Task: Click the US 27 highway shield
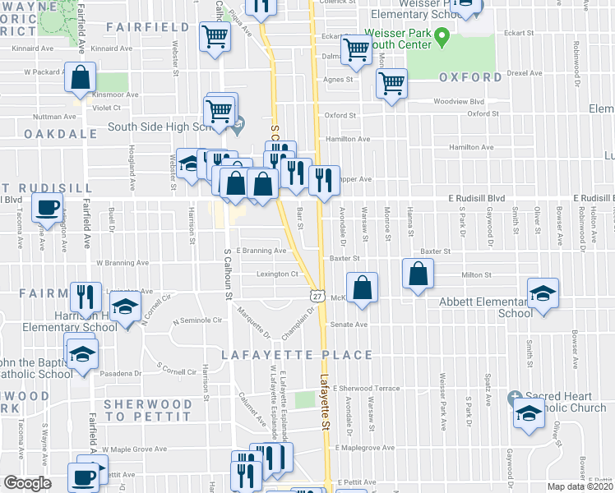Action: click(x=317, y=294)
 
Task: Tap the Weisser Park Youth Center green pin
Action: click(x=441, y=37)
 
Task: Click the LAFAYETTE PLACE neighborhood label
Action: click(x=297, y=355)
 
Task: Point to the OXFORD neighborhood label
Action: click(x=470, y=77)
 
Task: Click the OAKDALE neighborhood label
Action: click(x=55, y=133)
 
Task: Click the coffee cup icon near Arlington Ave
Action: click(x=47, y=206)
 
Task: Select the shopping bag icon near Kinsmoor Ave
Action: click(x=81, y=79)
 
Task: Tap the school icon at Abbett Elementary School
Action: click(x=543, y=293)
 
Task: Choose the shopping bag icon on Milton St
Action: click(x=418, y=274)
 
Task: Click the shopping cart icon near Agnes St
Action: click(x=392, y=82)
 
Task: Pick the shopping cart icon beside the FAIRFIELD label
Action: click(x=214, y=35)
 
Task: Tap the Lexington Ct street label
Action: click(x=276, y=274)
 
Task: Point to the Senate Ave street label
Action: click(x=349, y=325)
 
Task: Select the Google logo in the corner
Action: click(x=26, y=483)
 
